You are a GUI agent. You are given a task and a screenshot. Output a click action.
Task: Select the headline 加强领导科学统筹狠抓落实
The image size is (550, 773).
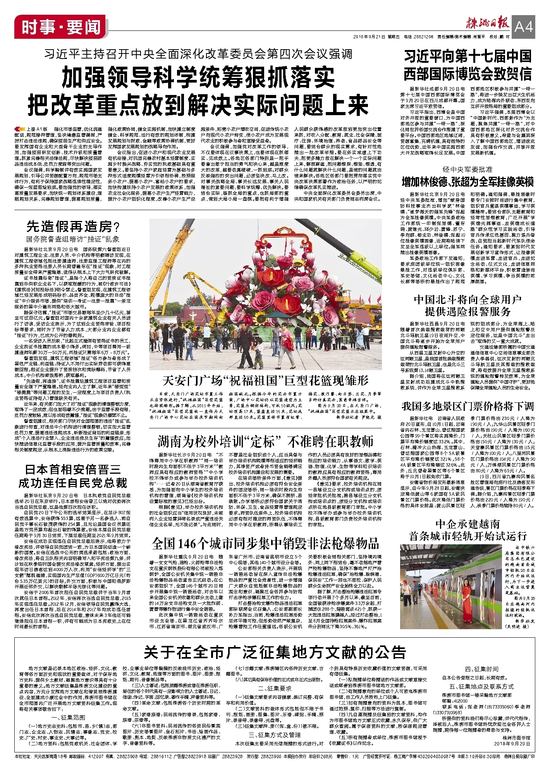198,78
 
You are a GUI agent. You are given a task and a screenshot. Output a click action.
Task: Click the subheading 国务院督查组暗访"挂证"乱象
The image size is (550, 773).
73,239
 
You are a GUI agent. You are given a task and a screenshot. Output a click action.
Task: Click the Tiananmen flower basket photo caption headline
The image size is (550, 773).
265,380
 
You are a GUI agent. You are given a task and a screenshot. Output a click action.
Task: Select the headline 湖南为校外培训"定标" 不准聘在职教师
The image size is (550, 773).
265,441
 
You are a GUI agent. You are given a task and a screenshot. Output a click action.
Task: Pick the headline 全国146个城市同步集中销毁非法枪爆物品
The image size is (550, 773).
265,544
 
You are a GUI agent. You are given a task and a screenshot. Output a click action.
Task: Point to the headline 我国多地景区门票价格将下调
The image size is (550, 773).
468,406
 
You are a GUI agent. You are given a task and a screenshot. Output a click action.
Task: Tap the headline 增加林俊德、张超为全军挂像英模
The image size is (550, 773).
468,181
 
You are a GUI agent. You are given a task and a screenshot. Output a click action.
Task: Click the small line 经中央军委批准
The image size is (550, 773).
468,169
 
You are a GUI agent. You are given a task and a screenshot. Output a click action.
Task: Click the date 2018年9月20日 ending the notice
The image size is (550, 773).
512,744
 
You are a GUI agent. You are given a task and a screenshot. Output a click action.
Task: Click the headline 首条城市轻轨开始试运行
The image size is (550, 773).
468,536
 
